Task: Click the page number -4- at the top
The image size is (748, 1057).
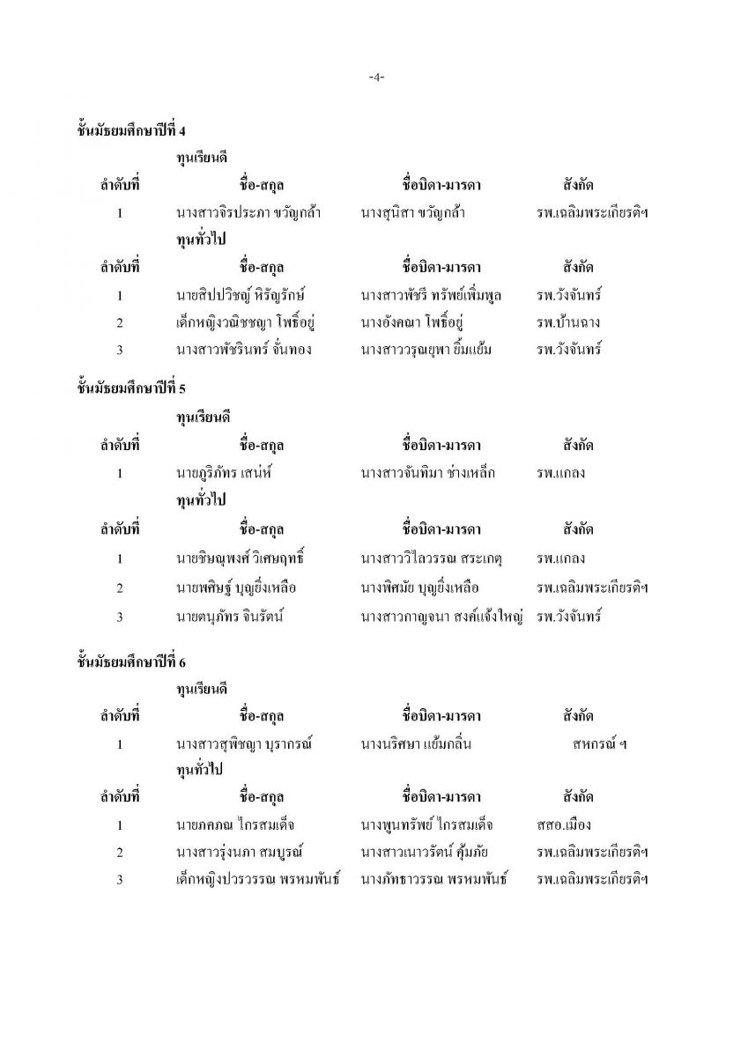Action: tap(374, 78)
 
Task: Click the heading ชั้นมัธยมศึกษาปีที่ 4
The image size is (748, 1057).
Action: tap(131, 131)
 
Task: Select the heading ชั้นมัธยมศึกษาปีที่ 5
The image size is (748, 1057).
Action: tap(131, 388)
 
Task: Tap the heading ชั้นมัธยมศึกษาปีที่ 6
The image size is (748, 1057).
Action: tap(131, 659)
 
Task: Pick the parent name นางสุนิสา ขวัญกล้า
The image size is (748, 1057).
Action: tap(413, 213)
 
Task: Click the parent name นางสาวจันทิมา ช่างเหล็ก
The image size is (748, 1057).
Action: tap(428, 473)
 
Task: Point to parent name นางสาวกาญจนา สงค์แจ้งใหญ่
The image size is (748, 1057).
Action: tap(442, 617)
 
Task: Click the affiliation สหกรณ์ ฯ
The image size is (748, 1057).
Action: tap(598, 744)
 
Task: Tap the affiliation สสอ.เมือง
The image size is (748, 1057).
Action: tap(563, 825)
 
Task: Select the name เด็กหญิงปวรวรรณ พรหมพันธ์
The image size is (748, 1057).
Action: tap(259, 880)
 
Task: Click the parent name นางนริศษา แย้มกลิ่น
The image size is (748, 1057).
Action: tap(417, 744)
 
